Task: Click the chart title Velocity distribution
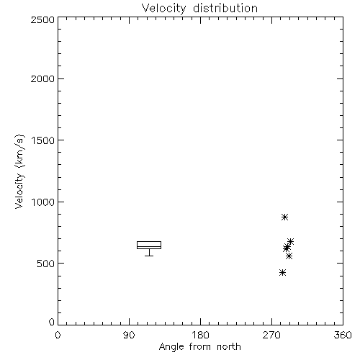(199, 9)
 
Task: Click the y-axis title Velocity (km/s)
(19, 171)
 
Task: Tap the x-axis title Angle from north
(199, 347)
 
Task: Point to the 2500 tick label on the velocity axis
(42, 19)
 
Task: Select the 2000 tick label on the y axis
(42, 78)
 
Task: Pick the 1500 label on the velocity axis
(43, 140)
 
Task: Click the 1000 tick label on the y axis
(43, 202)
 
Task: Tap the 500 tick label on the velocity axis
(46, 264)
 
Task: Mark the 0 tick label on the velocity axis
(52, 322)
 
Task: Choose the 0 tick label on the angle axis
(58, 335)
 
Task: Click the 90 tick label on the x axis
(129, 335)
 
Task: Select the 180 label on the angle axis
(199, 335)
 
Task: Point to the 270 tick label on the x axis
(271, 335)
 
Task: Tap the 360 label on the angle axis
(343, 335)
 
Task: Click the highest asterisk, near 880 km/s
(284, 217)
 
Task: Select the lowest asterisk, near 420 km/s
(283, 273)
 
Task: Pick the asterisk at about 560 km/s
(289, 256)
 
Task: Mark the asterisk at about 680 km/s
(290, 241)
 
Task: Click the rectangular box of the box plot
(149, 241)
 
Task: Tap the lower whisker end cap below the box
(149, 256)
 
